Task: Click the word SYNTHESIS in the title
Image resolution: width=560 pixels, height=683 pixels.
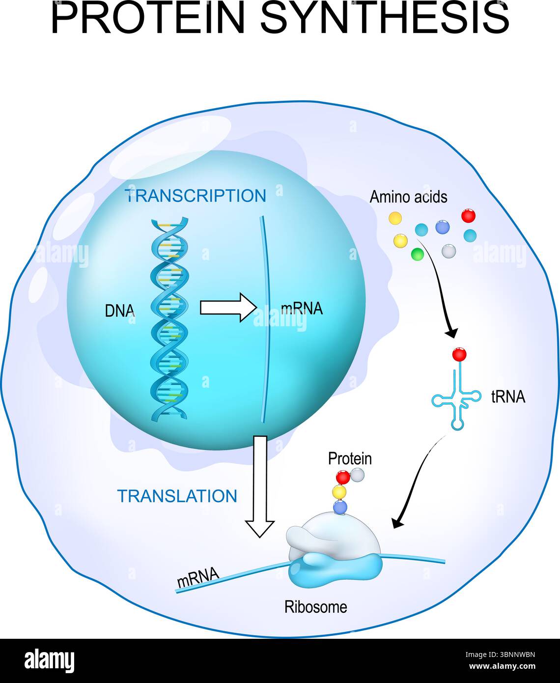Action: coord(385,19)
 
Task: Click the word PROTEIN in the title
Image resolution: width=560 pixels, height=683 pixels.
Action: coord(147,19)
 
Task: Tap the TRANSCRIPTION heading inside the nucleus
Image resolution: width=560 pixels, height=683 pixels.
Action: coord(196,196)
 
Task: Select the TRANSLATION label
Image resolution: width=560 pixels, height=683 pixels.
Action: coord(177,496)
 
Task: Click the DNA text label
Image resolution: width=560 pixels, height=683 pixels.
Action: coord(120,310)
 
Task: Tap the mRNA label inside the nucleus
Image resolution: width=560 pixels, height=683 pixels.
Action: coord(302,309)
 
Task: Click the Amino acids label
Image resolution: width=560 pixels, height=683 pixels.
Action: coord(408,197)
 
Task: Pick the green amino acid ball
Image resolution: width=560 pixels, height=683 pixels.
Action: coord(417,254)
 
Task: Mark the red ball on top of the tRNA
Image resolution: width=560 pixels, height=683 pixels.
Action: coord(459,354)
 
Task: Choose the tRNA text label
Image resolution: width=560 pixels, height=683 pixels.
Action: coord(508,398)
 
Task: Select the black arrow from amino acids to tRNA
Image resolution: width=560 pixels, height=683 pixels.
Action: coord(440,290)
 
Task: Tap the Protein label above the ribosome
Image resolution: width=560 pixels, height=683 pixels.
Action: coord(350,458)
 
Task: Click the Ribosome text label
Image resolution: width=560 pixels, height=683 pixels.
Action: coord(315,607)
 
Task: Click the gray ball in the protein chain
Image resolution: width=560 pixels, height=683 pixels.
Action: coord(358,474)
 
